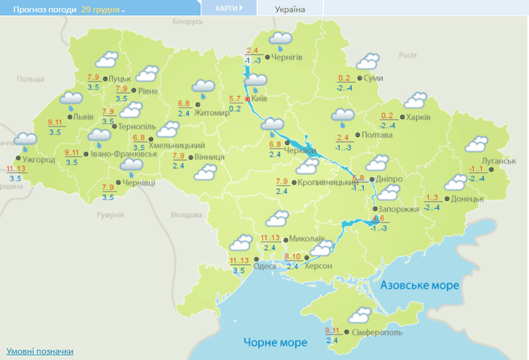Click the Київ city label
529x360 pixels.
260,99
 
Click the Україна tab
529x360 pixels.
290,9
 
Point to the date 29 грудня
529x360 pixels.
103,10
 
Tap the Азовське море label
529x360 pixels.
420,285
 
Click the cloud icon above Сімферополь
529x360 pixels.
357,314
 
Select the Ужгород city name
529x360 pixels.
39,159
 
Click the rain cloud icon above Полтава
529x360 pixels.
343,116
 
